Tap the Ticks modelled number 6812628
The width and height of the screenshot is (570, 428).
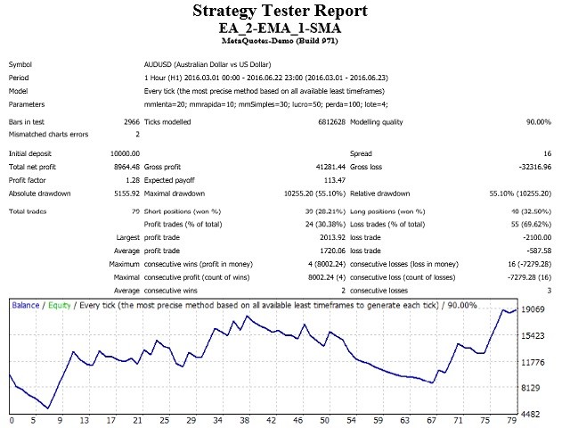pos(326,121)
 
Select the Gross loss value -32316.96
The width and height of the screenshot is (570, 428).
pos(537,167)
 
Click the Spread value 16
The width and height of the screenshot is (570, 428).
pos(547,153)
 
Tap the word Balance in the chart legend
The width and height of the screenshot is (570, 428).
pos(26,306)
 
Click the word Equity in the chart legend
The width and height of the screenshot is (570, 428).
pos(61,306)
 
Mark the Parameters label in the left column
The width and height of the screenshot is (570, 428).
pos(29,103)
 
